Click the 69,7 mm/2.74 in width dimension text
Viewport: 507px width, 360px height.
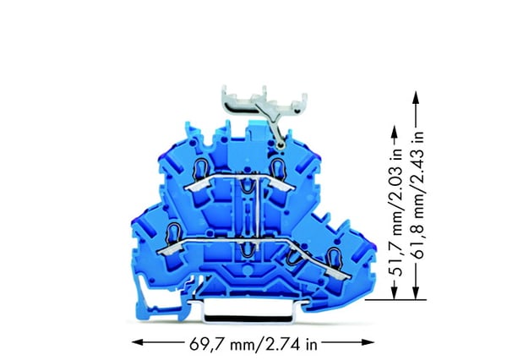point(253,344)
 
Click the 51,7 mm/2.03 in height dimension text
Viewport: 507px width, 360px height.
point(396,212)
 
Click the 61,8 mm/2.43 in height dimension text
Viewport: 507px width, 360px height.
point(418,195)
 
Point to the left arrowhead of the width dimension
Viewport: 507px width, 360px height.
point(137,342)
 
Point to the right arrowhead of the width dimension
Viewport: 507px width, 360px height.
point(369,342)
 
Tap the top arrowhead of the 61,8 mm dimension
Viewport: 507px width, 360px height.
point(416,96)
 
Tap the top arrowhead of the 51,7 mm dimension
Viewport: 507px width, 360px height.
point(394,132)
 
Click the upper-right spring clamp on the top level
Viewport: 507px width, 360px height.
point(277,168)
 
